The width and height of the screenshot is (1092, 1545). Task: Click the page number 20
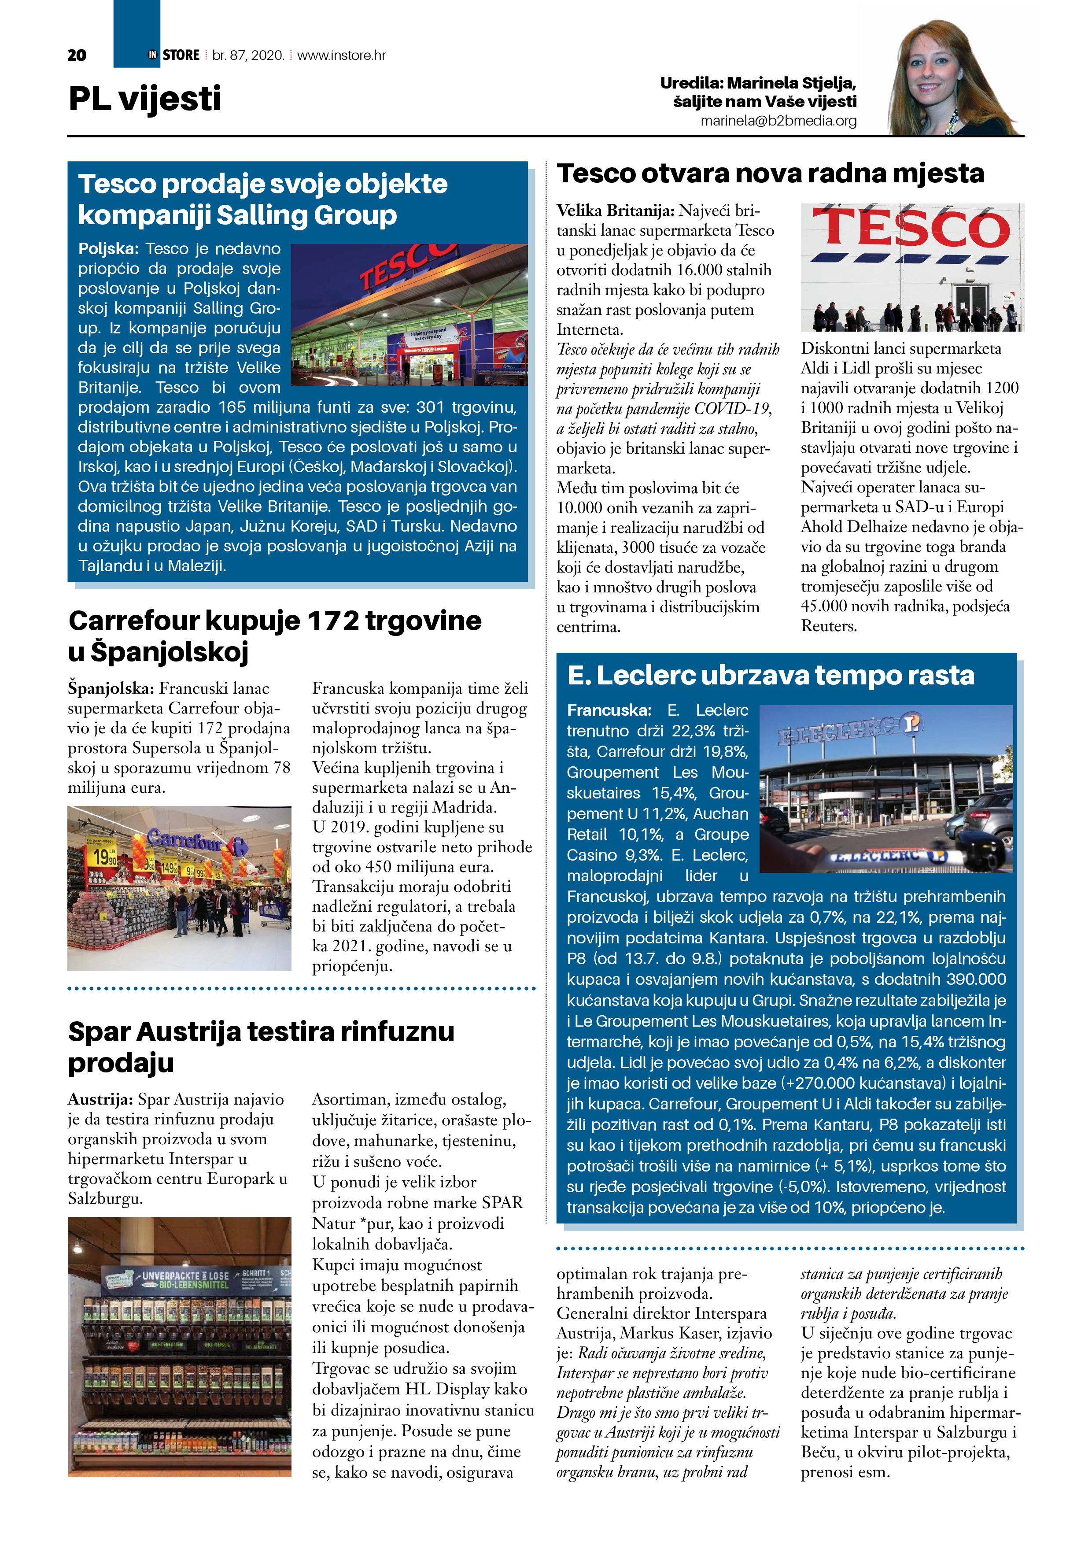coord(77,55)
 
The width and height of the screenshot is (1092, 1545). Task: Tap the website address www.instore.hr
coord(341,55)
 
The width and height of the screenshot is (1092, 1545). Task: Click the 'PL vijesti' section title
coord(145,99)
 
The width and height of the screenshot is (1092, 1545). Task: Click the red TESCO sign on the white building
coord(911,229)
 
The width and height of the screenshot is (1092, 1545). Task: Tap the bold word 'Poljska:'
coord(107,249)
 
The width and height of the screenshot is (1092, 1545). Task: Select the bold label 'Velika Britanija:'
coord(614,211)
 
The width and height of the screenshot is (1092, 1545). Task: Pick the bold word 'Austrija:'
coord(100,1100)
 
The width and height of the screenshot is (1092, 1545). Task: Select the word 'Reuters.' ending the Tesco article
coord(828,626)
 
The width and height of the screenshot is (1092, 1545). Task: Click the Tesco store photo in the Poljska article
coord(409,314)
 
